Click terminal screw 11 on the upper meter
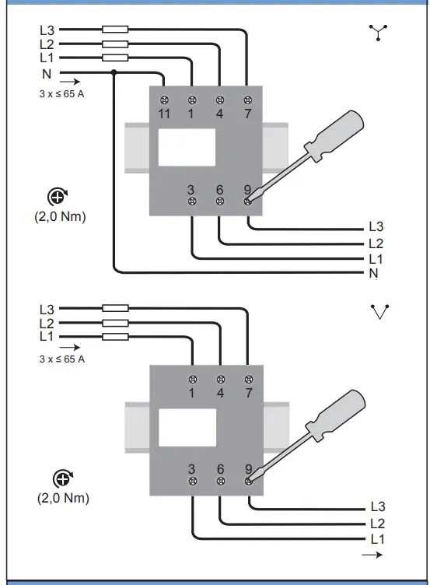tap(164, 100)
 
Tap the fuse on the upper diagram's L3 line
tap(115, 30)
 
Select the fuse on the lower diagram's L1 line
tap(115, 337)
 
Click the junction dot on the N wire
tap(114, 72)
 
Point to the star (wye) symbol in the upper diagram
tap(378, 32)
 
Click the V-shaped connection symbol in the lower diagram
tap(380, 312)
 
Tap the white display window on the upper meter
tap(187, 147)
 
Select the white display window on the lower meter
tap(187, 428)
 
